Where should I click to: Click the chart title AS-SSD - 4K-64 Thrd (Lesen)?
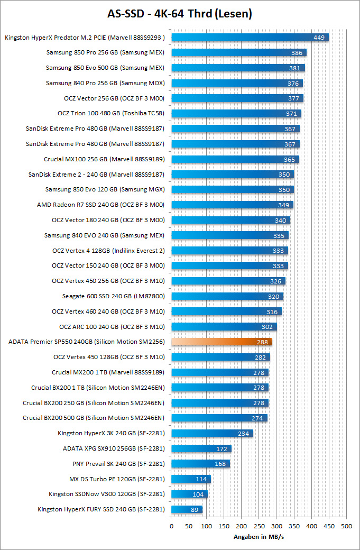(180, 14)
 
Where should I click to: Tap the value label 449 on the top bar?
(319, 38)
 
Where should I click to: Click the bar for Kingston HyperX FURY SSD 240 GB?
(187, 510)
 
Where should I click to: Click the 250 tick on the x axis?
(259, 526)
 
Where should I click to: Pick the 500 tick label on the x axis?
(346, 526)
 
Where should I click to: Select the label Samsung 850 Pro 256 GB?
(105, 53)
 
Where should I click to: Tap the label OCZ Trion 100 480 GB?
(111, 114)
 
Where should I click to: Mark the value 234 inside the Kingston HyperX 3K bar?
(244, 434)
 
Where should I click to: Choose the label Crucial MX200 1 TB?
(108, 373)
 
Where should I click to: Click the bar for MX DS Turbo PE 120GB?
(190, 479)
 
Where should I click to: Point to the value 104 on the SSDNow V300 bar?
(198, 494)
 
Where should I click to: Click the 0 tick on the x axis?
(171, 526)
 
